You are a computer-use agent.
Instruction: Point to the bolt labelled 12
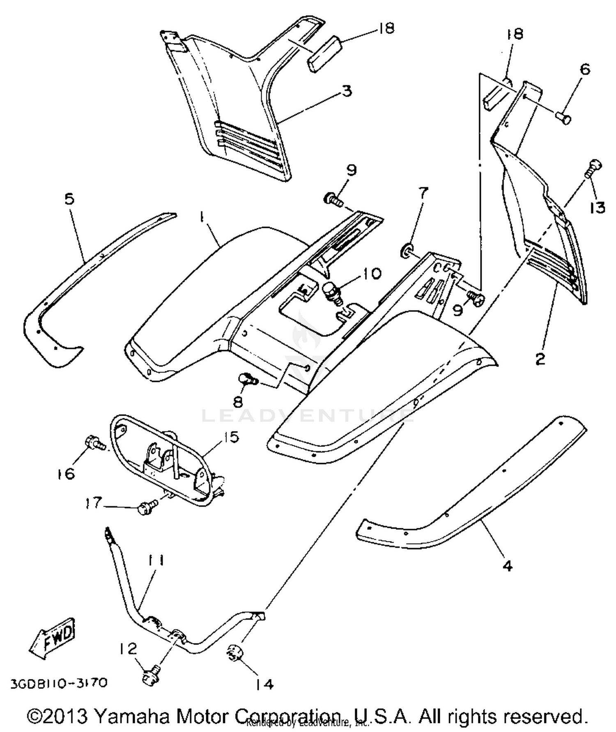coord(150,677)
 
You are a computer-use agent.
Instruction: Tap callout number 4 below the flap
coord(508,566)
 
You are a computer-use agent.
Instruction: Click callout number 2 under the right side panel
coord(541,358)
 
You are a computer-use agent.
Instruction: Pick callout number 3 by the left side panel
coord(347,90)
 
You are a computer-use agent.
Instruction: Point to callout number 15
coord(231,437)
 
